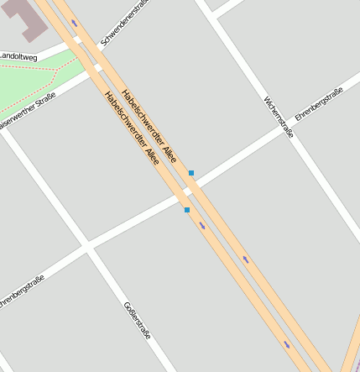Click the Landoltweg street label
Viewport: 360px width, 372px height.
(x=18, y=56)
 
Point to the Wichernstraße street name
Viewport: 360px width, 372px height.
(x=278, y=116)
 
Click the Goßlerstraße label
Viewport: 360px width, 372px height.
(x=137, y=320)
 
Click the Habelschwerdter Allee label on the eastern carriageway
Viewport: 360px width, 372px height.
(x=149, y=125)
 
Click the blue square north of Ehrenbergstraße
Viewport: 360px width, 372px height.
(x=191, y=173)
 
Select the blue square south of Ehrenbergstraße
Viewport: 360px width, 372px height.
(x=186, y=210)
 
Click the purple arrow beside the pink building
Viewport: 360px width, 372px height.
(x=74, y=23)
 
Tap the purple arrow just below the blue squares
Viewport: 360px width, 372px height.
(x=202, y=225)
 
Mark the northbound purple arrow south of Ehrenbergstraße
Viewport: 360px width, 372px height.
(x=246, y=259)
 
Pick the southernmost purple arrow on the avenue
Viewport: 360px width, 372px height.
(x=286, y=343)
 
